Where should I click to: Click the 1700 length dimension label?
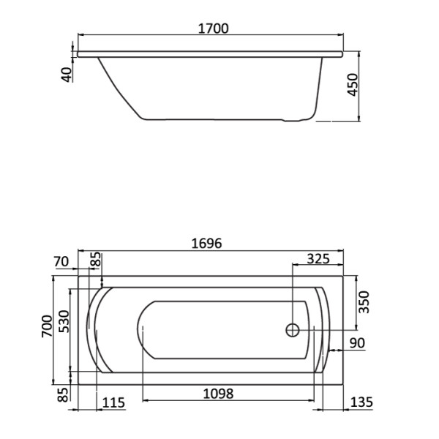point(212,29)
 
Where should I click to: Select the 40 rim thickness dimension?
point(67,74)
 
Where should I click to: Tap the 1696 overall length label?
point(206,243)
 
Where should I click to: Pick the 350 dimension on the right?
point(365,301)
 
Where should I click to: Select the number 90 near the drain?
point(357,343)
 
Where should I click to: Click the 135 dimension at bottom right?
point(361,402)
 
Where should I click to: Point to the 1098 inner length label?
point(217,394)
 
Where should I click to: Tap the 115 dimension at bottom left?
point(113,402)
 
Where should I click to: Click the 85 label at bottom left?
point(63,395)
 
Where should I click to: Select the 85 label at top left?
point(95,259)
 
